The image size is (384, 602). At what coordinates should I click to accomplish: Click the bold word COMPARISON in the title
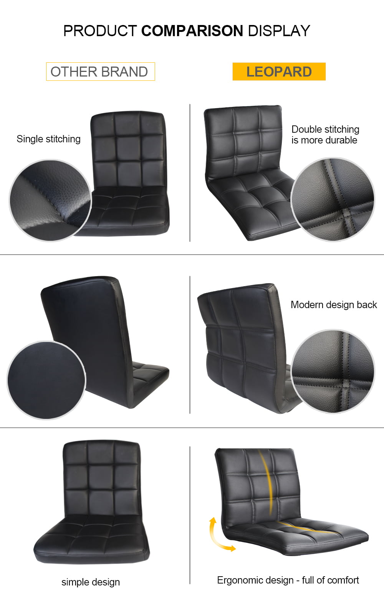point(192,31)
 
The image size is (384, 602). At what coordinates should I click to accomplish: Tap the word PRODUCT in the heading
point(100,31)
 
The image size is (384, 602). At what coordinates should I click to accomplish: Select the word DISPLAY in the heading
point(279,31)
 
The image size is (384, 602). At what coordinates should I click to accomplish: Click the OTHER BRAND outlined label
point(100,72)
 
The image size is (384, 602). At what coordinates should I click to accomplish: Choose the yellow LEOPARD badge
point(279,72)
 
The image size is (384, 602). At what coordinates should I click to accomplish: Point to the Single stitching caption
point(48,139)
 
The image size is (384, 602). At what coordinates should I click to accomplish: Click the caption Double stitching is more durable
point(325,135)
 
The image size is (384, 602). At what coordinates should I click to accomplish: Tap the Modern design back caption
point(334,305)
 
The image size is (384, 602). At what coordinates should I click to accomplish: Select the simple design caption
point(91,582)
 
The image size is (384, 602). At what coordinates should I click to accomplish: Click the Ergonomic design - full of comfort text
point(288,580)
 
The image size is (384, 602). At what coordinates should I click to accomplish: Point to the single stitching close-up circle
point(50,200)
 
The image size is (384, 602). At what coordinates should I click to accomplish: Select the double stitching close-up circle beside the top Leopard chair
point(333,199)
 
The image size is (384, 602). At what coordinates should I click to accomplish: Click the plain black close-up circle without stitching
point(46,380)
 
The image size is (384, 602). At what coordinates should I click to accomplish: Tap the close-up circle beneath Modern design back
point(333,372)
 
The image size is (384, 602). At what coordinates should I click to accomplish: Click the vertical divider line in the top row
point(190,173)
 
